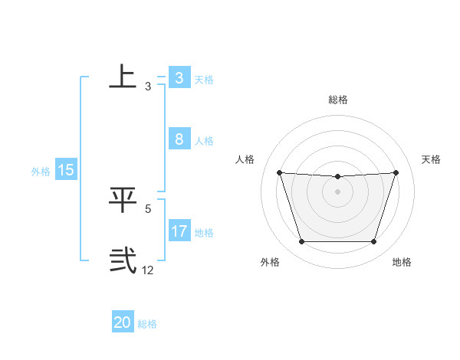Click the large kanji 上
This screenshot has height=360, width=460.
(123, 76)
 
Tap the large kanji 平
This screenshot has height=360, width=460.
(123, 198)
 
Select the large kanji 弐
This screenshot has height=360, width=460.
(123, 260)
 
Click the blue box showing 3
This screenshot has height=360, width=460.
(179, 78)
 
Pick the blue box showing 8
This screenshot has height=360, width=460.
(179, 139)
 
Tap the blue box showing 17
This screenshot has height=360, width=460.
(179, 231)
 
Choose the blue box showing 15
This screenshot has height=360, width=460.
(66, 170)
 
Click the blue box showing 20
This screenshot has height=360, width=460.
(123, 322)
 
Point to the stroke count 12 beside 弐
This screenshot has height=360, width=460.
(148, 270)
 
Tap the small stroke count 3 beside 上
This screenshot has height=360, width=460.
(148, 86)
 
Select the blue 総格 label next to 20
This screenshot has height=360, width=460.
(147, 324)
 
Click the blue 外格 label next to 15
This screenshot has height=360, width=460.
(41, 172)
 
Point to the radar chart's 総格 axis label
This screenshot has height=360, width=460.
(337, 100)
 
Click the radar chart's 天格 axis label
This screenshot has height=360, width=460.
(432, 159)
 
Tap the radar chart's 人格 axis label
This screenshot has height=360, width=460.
(245, 159)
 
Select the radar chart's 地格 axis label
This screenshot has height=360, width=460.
(402, 262)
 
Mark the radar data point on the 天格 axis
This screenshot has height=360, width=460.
(396, 172)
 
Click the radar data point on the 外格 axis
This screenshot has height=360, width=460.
(301, 241)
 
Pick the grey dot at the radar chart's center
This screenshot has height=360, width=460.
(337, 191)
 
